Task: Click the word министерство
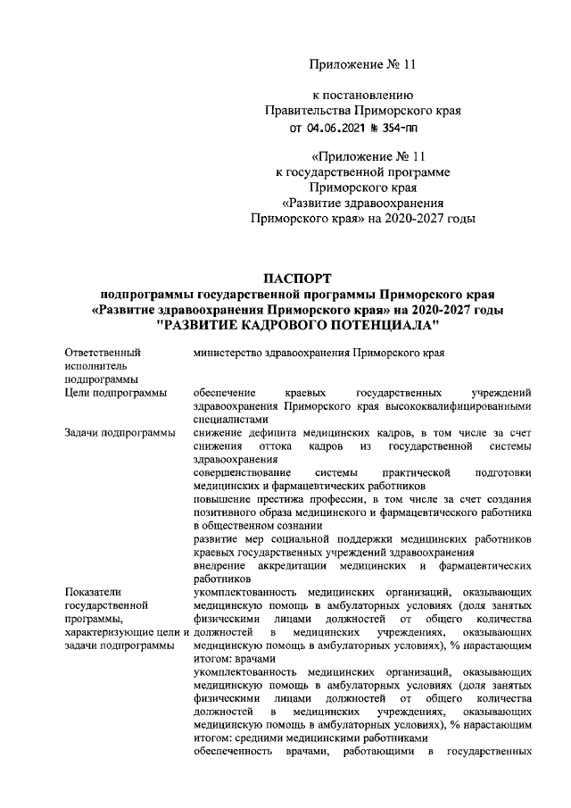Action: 230,353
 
